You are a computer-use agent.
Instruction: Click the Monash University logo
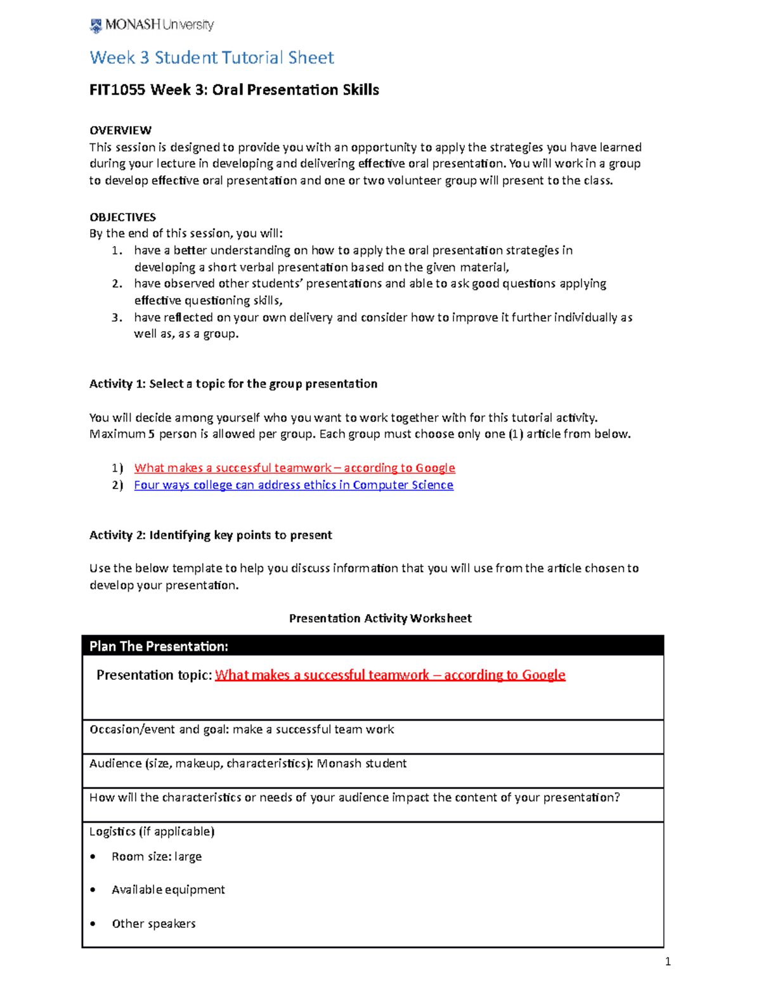(x=152, y=25)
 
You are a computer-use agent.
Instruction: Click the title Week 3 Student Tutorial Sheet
(x=211, y=58)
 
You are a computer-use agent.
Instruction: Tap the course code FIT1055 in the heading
(x=117, y=90)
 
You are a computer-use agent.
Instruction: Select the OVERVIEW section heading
(x=120, y=130)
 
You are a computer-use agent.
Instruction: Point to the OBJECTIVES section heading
(x=122, y=217)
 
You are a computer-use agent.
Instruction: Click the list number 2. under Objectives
(x=117, y=284)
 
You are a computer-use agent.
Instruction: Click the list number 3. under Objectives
(x=117, y=317)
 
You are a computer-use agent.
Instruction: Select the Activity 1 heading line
(x=233, y=384)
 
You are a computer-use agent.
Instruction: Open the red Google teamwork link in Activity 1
(x=294, y=468)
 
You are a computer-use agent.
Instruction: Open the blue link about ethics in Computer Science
(x=293, y=485)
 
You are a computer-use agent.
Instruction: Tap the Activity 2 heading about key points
(x=211, y=535)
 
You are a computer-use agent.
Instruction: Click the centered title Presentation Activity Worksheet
(x=380, y=618)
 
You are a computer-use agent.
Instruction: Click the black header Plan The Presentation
(x=159, y=646)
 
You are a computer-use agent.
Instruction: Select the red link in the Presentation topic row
(x=389, y=675)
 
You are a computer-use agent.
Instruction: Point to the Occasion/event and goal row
(x=242, y=729)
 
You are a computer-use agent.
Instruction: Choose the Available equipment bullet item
(x=168, y=890)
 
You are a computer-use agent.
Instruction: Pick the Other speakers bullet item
(x=153, y=923)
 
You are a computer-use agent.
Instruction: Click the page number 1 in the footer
(x=667, y=962)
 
